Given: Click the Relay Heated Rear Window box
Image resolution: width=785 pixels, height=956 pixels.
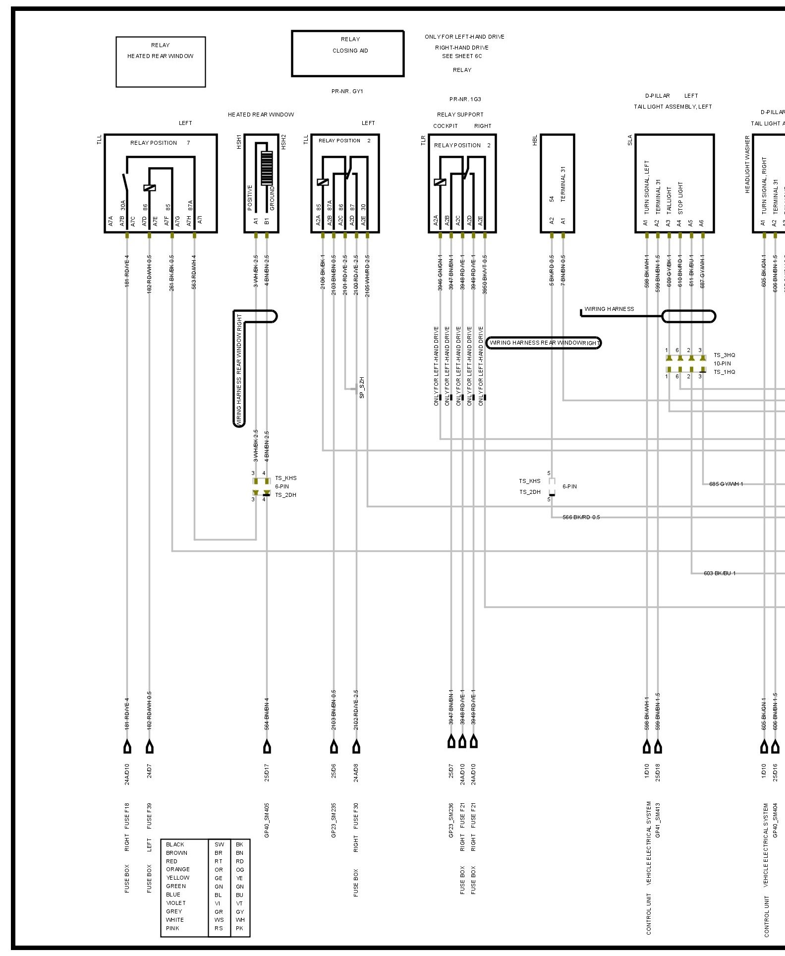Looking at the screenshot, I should tap(161, 61).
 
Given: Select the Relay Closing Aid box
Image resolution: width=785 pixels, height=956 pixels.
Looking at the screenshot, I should tap(348, 54).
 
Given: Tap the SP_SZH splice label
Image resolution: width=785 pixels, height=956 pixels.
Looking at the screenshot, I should tap(362, 388).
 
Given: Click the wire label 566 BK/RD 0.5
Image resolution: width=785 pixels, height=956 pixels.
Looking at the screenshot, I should tap(581, 517).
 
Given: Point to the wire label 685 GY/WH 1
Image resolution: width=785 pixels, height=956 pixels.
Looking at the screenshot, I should tap(726, 484).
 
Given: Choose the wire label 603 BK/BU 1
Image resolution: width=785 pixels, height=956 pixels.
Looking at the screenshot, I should tap(720, 573).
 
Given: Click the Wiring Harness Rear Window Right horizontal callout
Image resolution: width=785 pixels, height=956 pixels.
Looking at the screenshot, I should tap(544, 343).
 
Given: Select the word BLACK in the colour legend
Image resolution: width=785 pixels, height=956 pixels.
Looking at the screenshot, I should tap(175, 844).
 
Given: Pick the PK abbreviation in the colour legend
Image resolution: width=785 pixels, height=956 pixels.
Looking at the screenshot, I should tap(240, 928).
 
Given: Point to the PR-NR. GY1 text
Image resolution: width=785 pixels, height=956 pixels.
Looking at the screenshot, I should tap(347, 91).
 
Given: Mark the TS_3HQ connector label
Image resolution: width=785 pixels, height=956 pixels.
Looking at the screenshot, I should tap(724, 355).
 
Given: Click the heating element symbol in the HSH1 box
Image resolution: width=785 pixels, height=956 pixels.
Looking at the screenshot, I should tap(267, 168).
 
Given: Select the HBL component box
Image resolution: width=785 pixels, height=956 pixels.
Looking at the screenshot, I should tap(558, 183).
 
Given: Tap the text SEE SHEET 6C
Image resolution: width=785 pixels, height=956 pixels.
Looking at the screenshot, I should tap(462, 56).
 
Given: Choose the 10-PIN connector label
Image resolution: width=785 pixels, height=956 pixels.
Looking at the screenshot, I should tap(722, 363).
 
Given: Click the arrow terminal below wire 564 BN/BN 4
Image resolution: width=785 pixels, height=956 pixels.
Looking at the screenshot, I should tap(267, 746).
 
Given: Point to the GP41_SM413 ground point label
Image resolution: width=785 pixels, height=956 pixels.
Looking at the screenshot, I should tap(658, 821).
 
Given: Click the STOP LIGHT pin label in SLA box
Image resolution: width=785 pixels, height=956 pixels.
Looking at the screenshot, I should tap(680, 198).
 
